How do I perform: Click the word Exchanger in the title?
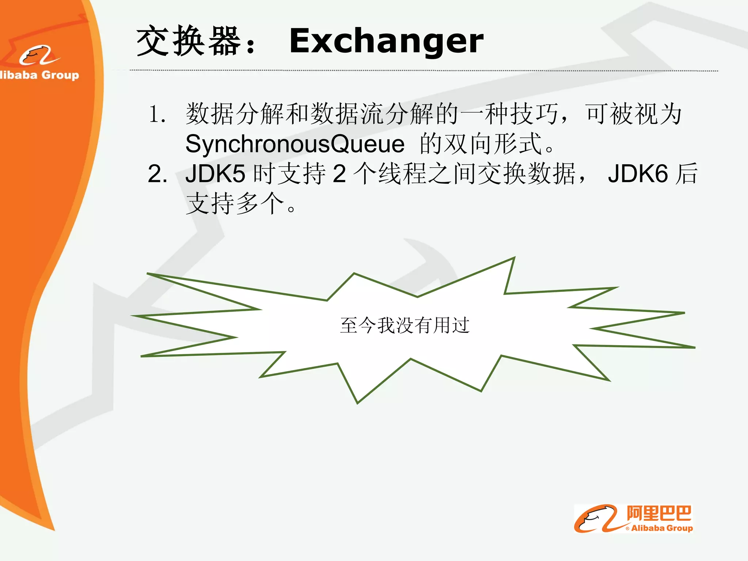386,41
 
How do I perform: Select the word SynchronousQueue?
295,144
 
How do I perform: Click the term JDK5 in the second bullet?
215,173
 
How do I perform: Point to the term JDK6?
638,173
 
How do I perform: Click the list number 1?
157,114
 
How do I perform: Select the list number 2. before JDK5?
157,173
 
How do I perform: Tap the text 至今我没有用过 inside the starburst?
405,325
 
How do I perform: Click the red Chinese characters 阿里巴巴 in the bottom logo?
659,513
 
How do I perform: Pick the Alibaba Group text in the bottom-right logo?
662,528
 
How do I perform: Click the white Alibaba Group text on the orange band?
39,75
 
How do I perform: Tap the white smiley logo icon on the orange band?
39,56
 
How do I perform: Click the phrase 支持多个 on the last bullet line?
235,203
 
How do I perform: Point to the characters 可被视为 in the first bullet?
634,114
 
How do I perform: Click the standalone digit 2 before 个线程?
339,173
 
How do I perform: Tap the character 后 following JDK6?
686,173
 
